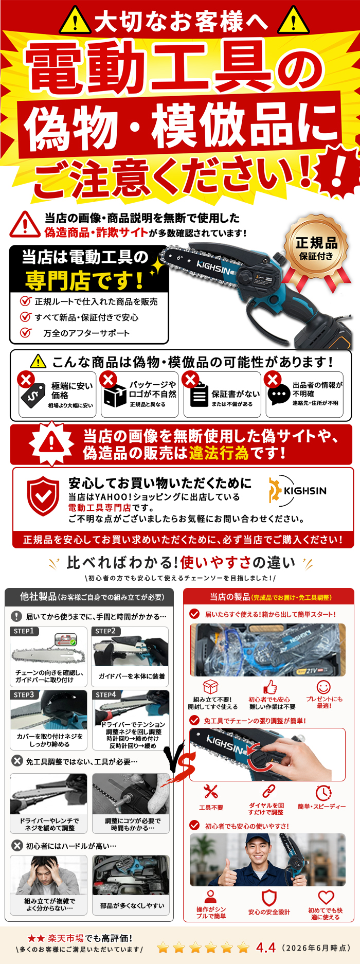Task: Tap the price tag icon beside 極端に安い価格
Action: pyautogui.click(x=33, y=395)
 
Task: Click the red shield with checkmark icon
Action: pyautogui.click(x=43, y=495)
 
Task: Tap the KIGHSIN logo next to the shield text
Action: pyautogui.click(x=297, y=491)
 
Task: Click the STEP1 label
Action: pyautogui.click(x=24, y=631)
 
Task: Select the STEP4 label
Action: pyautogui.click(x=105, y=694)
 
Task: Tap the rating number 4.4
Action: pyautogui.click(x=266, y=947)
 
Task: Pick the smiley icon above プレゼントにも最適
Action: pyautogui.click(x=323, y=687)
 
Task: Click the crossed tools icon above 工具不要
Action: pyautogui.click(x=211, y=791)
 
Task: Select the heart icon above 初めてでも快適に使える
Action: pyautogui.click(x=326, y=897)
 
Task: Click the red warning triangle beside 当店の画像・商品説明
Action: pyautogui.click(x=25, y=224)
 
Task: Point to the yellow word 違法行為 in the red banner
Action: pyautogui.click(x=219, y=453)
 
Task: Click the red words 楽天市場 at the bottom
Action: pyautogui.click(x=65, y=938)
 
